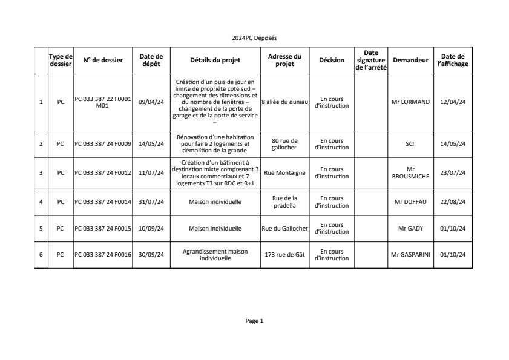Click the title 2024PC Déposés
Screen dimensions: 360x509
254,38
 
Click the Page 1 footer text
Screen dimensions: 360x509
254,321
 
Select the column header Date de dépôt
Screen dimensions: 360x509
151,60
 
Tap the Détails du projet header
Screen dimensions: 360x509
215,60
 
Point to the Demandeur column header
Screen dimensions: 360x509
410,60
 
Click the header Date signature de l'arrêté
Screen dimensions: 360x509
370,60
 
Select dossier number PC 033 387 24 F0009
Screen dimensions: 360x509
103,144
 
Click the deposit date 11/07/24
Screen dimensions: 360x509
151,172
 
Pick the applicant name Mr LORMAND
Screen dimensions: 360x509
410,102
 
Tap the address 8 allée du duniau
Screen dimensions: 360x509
284,102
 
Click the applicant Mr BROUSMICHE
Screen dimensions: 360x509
410,172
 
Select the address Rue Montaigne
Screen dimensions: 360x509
284,172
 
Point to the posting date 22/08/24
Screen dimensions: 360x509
453,201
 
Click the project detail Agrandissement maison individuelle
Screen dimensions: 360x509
215,254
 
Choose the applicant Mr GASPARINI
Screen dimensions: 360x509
410,255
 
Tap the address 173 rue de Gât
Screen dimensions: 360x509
284,255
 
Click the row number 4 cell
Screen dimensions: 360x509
41,201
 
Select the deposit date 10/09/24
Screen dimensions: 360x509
151,229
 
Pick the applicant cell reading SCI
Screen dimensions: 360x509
410,144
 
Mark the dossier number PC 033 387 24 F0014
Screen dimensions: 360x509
103,201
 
